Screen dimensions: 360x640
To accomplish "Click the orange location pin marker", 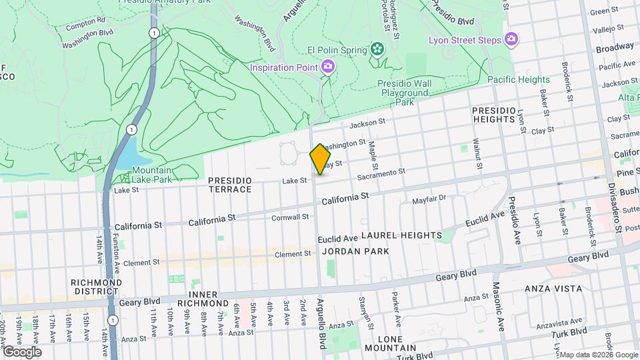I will pyautogui.click(x=321, y=159).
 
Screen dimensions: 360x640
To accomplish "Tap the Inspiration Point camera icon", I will pyautogui.click(x=327, y=66).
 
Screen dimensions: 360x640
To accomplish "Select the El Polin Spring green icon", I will pyautogui.click(x=377, y=49).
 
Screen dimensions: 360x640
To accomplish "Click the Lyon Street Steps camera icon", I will pyautogui.click(x=511, y=40).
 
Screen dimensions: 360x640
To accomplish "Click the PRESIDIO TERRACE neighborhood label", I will pyautogui.click(x=230, y=185).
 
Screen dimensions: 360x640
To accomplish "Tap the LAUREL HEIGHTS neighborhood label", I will pyautogui.click(x=401, y=235).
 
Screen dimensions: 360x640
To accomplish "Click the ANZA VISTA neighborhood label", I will pyautogui.click(x=553, y=289).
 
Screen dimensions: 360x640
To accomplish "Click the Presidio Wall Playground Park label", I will pyautogui.click(x=405, y=93).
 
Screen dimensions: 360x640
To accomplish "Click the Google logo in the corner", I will pyautogui.click(x=21, y=351).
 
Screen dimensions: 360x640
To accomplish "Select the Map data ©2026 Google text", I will pyautogui.click(x=598, y=355).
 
